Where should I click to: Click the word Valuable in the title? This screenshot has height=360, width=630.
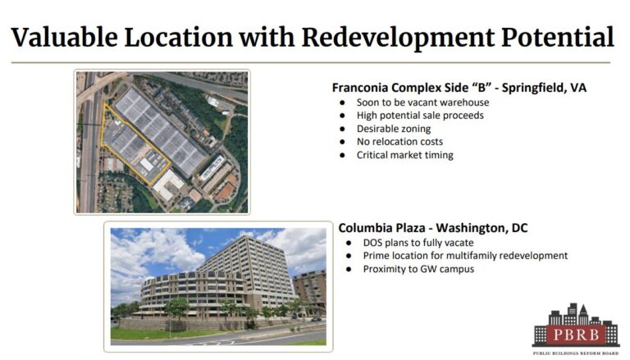pyautogui.click(x=65, y=38)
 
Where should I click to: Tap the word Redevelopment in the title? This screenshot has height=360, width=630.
pyautogui.click(x=399, y=39)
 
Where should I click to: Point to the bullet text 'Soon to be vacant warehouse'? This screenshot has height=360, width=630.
pyautogui.click(x=422, y=103)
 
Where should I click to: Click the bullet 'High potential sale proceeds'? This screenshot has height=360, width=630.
pyautogui.click(x=420, y=116)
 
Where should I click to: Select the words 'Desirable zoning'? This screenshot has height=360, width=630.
pyautogui.click(x=394, y=129)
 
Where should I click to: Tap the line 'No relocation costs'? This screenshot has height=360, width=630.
pyautogui.click(x=399, y=142)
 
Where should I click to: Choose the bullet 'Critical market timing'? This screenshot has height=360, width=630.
pyautogui.click(x=404, y=155)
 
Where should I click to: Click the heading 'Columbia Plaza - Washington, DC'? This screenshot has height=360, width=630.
pyautogui.click(x=433, y=228)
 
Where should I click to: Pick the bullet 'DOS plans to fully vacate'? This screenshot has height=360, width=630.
pyautogui.click(x=418, y=243)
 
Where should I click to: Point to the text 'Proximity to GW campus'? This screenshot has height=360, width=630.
pyautogui.click(x=418, y=269)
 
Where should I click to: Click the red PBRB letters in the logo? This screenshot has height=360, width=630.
pyautogui.click(x=575, y=335)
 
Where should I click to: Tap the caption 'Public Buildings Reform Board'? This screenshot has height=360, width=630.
pyautogui.click(x=576, y=353)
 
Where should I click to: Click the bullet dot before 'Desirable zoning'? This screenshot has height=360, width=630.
pyautogui.click(x=342, y=129)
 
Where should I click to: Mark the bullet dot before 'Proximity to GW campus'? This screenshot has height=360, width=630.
pyautogui.click(x=349, y=269)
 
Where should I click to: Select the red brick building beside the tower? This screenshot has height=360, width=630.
pyautogui.click(x=310, y=290)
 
